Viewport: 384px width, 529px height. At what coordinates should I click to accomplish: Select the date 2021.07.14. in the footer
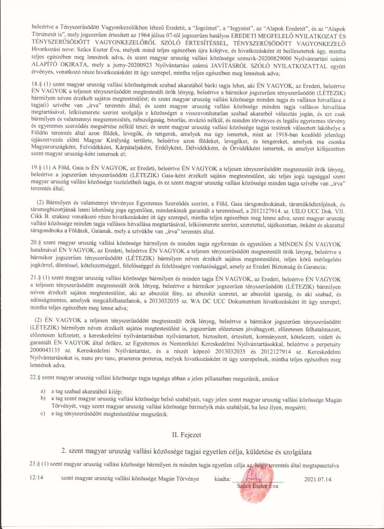tap(316, 478)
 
